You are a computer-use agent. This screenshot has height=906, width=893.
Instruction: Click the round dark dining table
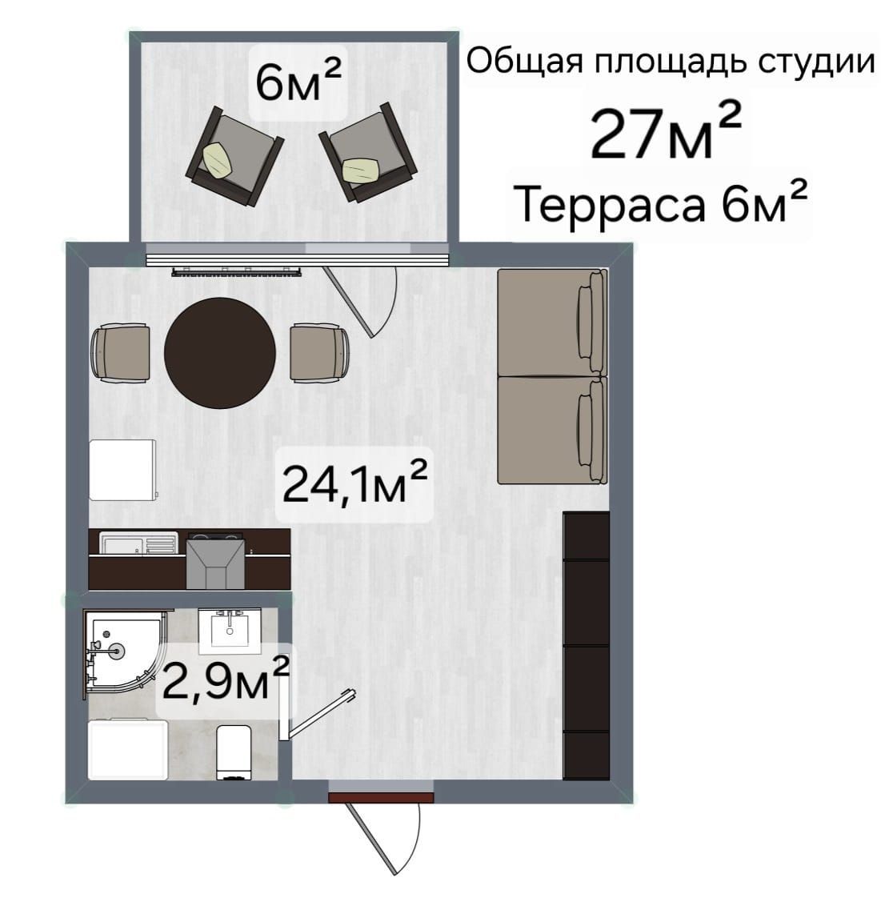point(219,352)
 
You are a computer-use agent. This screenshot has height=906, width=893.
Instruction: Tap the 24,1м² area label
point(354,484)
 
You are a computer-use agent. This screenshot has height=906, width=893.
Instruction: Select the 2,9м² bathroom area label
point(226,679)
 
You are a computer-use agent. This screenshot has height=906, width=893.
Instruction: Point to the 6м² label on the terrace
point(298,80)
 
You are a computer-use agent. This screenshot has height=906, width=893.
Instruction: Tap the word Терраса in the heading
point(610,205)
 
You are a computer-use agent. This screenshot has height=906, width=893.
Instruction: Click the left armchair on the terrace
point(234,155)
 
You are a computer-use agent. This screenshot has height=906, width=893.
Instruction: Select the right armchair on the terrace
point(368,153)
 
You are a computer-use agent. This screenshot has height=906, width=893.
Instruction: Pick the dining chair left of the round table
point(121,353)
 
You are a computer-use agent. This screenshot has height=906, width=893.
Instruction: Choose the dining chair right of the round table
point(319,353)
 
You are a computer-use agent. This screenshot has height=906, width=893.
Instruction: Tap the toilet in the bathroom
point(234,752)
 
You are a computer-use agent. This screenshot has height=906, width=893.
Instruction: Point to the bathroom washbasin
point(230,631)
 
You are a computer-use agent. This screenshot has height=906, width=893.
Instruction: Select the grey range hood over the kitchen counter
point(215,563)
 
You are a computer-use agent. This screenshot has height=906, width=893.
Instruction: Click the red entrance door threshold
point(381,798)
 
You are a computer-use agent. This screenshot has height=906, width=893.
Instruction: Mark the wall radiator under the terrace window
point(236,271)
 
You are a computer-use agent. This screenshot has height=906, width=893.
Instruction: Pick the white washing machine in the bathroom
point(128,749)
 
